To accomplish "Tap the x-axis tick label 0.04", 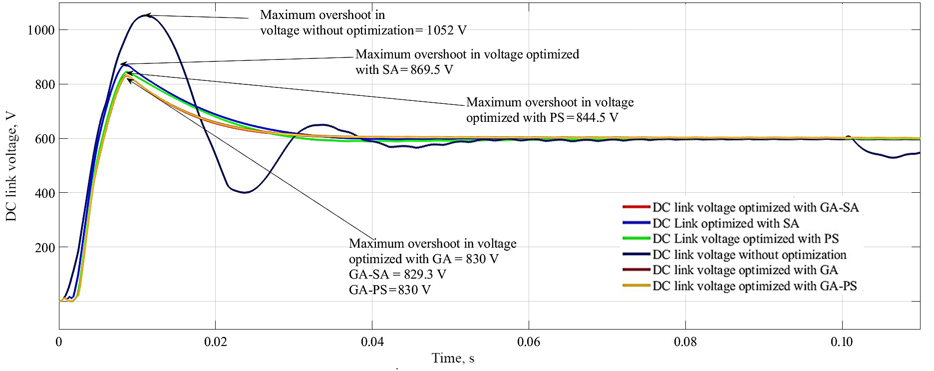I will coord(372,342).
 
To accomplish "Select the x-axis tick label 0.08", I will coord(685,342).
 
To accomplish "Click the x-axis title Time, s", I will coord(453,358).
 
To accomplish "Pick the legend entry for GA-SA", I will coord(755,208).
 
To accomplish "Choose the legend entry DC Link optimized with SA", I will coord(725,223).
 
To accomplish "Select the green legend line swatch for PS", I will coord(636,239).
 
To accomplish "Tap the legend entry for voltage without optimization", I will coord(749,255).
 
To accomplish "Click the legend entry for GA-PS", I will coord(754,286).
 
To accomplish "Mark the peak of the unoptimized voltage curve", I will coord(145,15).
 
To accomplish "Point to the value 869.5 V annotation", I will coord(432,69).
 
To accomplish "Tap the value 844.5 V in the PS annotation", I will coord(596,118).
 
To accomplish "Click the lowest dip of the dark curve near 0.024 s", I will coord(244,192).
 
